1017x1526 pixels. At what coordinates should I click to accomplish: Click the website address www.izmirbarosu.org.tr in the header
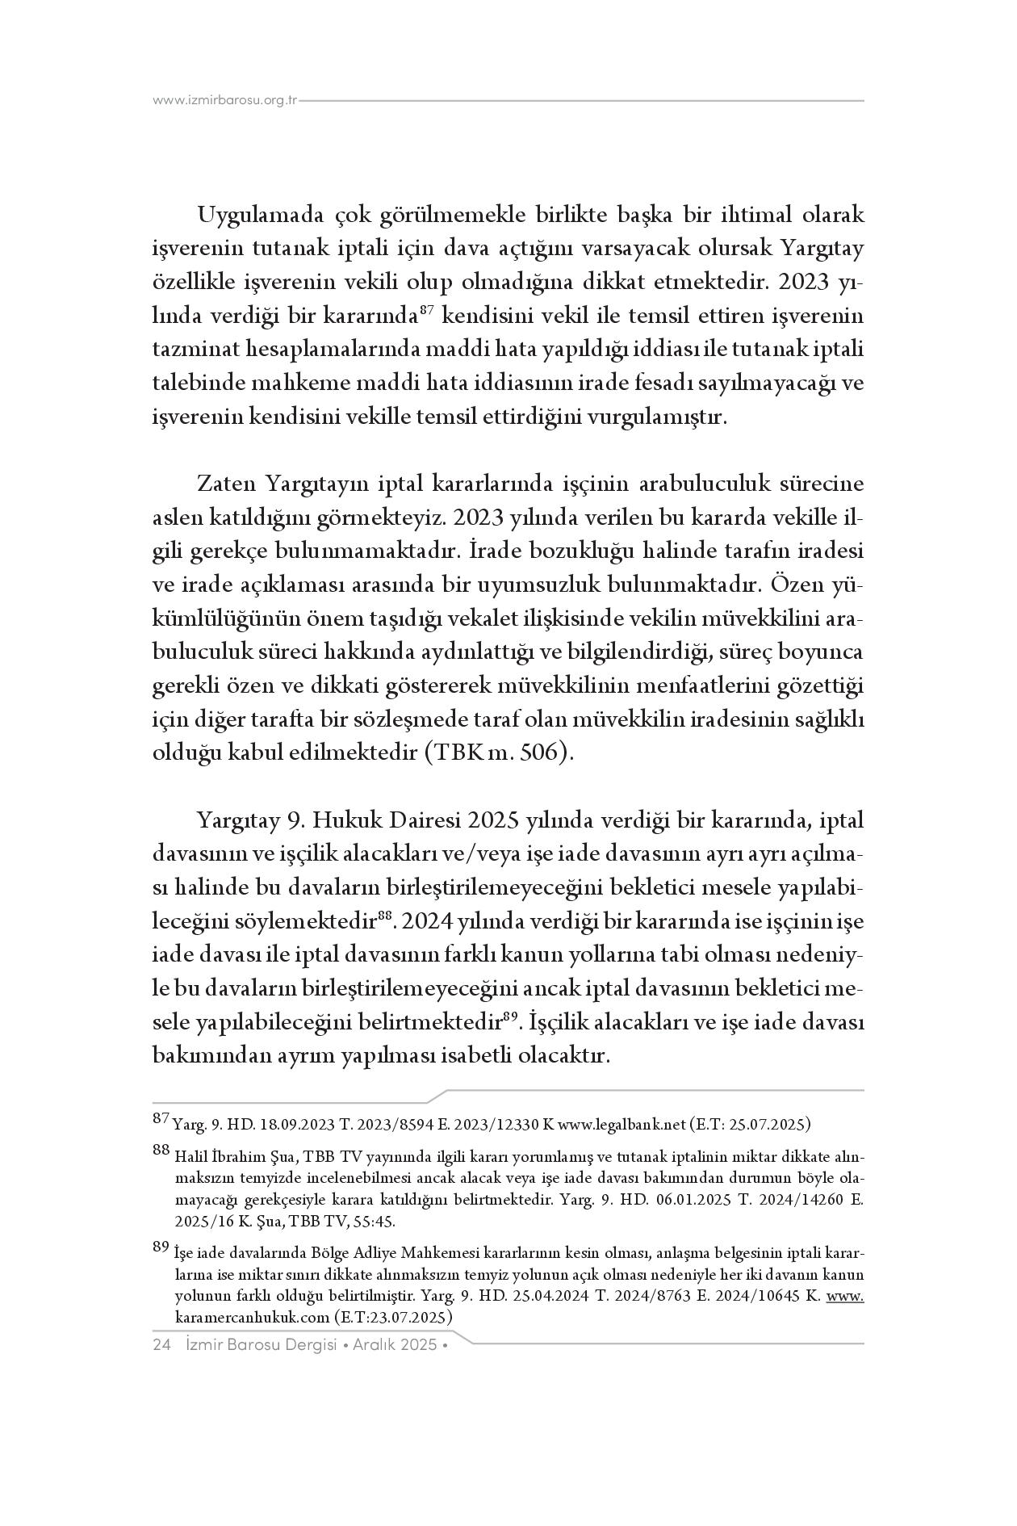coord(225,101)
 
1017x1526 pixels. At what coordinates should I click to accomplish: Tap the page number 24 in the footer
coord(161,1344)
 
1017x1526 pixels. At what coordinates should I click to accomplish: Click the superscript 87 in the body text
coord(428,309)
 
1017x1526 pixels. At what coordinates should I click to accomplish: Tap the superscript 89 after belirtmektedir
coord(509,1016)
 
